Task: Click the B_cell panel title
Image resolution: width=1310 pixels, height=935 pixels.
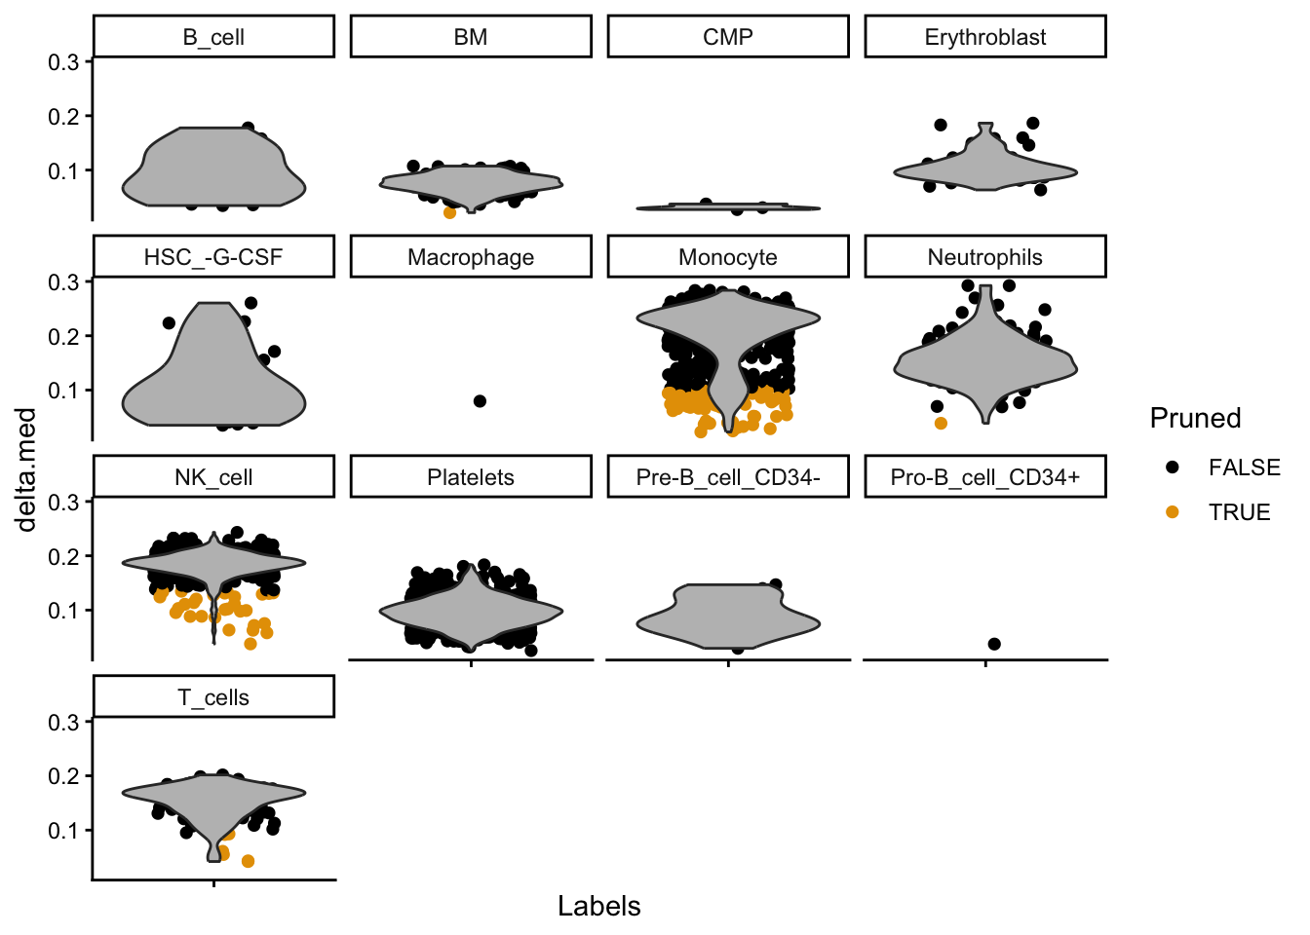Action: [213, 37]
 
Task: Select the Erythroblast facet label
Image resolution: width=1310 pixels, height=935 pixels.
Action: [984, 37]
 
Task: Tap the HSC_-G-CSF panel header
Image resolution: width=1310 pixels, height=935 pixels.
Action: [213, 257]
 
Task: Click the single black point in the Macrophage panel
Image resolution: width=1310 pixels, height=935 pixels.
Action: [480, 401]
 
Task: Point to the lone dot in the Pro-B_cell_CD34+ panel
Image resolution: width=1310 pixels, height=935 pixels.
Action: [994, 644]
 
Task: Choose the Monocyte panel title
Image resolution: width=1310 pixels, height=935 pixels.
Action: [727, 257]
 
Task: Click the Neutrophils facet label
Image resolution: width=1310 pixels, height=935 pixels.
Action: [984, 257]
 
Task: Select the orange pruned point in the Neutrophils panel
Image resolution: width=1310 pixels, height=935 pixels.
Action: [941, 423]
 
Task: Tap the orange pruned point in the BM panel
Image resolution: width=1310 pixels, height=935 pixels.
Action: [449, 212]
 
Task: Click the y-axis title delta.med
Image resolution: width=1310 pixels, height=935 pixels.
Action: [26, 469]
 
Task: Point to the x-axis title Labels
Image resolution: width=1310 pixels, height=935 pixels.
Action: [598, 906]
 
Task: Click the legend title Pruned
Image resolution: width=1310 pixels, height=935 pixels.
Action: [1195, 418]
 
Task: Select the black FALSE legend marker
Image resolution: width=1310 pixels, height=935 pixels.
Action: [1172, 467]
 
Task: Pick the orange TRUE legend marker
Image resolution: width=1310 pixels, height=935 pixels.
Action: [1172, 512]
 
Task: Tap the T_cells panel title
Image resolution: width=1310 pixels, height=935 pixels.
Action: [213, 697]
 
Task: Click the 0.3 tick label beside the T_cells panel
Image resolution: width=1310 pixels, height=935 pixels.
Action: [64, 722]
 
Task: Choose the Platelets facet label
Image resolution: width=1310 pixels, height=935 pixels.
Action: [471, 477]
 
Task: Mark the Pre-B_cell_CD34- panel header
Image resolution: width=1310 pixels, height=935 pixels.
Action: [727, 477]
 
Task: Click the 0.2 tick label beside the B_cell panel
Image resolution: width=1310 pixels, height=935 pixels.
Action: [64, 116]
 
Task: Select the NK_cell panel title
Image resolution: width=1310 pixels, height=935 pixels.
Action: [213, 477]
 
